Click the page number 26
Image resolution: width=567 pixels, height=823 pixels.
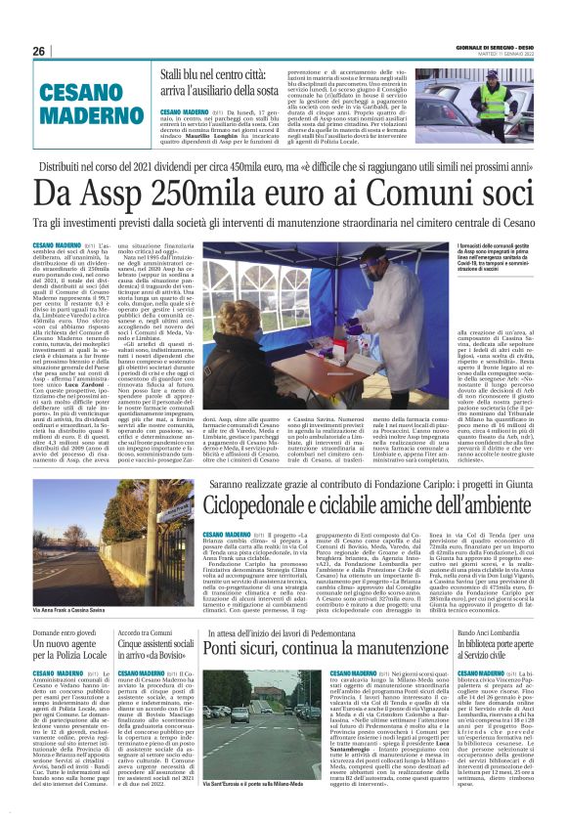click(39, 51)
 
